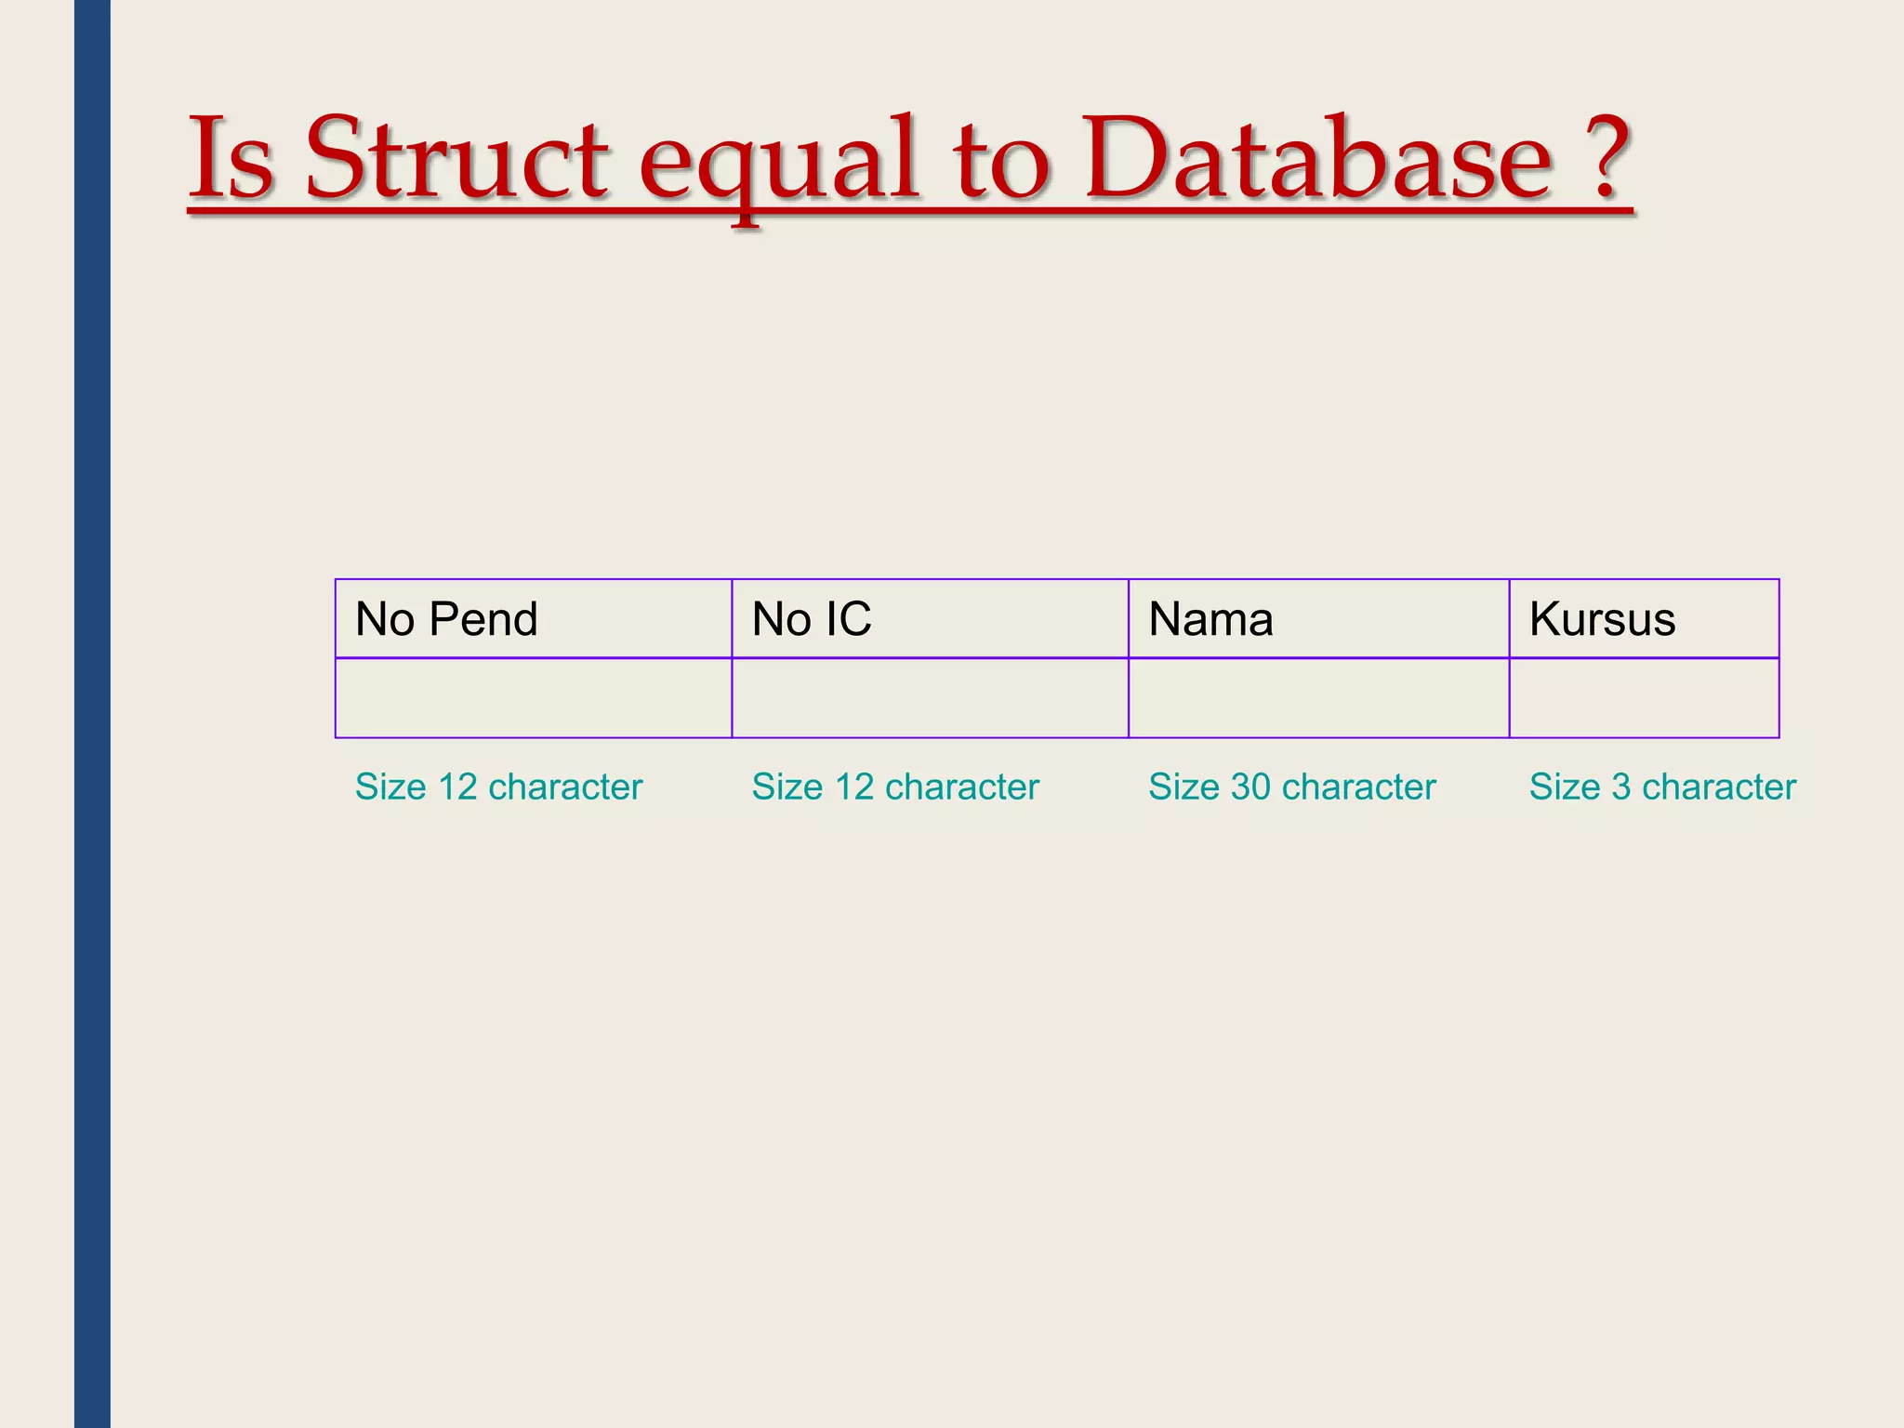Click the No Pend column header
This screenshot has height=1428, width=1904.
[x=446, y=619]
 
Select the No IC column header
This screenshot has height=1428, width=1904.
[x=811, y=619]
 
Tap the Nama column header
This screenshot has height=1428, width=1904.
[x=1210, y=619]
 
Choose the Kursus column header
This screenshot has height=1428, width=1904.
[x=1602, y=619]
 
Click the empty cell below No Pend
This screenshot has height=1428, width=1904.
[x=534, y=698]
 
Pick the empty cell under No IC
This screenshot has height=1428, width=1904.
[x=930, y=698]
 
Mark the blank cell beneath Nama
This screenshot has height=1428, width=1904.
[x=1318, y=698]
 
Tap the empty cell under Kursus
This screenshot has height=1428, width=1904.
[x=1644, y=698]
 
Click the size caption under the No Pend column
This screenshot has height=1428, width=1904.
[x=498, y=787]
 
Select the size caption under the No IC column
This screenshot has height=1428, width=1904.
[x=894, y=787]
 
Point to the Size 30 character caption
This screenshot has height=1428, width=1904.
[x=1291, y=787]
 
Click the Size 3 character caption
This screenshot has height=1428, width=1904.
[x=1662, y=787]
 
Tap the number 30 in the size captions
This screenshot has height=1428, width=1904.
[x=1250, y=787]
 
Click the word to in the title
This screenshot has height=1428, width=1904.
[x=1001, y=160]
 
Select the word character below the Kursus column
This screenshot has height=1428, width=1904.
[x=1719, y=787]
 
